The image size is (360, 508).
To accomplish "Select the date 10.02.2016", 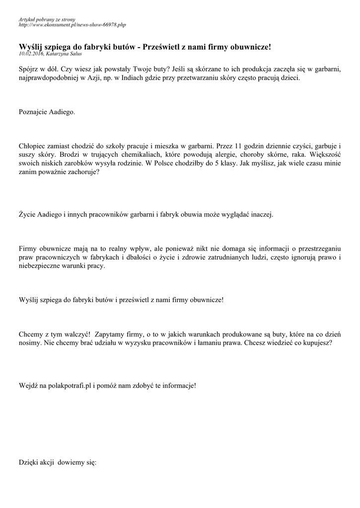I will click(x=31, y=53).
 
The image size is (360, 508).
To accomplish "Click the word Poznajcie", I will click(x=33, y=112).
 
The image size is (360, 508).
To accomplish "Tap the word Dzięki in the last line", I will click(x=28, y=462).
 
